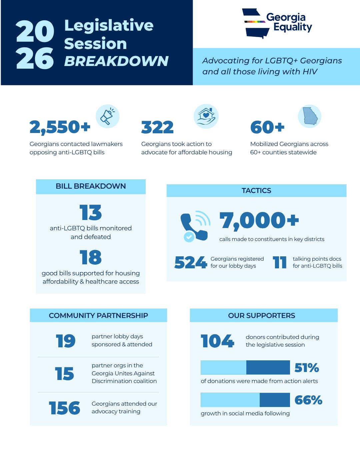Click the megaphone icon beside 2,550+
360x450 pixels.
[107, 116]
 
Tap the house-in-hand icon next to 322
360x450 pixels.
[206, 116]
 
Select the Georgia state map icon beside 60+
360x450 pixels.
[310, 116]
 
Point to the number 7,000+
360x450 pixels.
[259, 221]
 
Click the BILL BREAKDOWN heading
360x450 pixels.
[91, 186]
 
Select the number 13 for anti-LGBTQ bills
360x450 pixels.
[91, 213]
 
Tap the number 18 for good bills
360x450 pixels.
[91, 257]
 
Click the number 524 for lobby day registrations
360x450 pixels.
[190, 262]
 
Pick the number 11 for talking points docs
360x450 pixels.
[280, 262]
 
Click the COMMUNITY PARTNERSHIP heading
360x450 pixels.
[98, 316]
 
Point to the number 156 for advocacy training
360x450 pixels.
[65, 408]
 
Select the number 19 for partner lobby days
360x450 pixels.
[66, 341]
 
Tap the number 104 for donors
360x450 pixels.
[217, 341]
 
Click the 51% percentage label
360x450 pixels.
[307, 368]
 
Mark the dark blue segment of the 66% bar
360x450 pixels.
[275, 400]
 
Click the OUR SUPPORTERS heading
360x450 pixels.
[262, 316]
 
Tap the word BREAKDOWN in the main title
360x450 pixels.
[116, 61]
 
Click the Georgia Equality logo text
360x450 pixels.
[289, 22]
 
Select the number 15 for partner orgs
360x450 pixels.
[65, 374]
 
